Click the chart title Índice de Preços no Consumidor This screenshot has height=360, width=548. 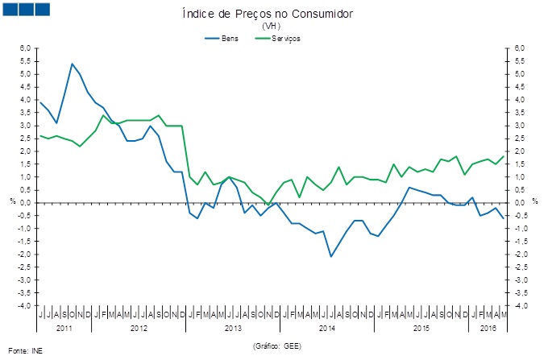273,14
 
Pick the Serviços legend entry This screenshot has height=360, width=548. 285,38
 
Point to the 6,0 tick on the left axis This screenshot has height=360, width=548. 25,48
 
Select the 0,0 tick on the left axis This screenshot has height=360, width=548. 25,203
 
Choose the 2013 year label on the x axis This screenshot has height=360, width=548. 233,329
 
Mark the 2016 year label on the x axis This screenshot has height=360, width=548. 487,329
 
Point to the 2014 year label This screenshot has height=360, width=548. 327,329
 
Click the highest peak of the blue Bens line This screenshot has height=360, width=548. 73,64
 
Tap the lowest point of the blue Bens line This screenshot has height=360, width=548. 330,257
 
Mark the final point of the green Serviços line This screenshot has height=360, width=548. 504,156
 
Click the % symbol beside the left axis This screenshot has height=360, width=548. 11,201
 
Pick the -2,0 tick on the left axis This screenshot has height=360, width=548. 24,254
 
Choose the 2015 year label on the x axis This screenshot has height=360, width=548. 421,329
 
